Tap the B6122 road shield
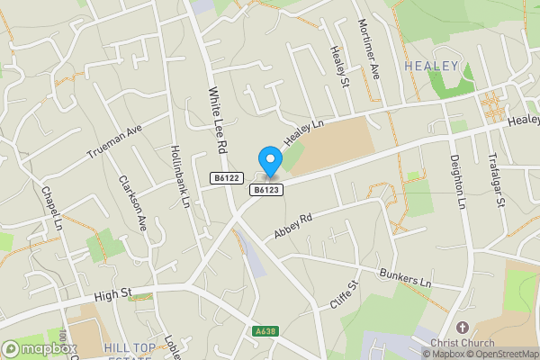click(x=227, y=179)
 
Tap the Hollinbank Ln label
click(x=179, y=176)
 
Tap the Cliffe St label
click(x=344, y=295)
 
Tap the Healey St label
click(x=339, y=67)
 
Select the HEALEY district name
click(x=432, y=66)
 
